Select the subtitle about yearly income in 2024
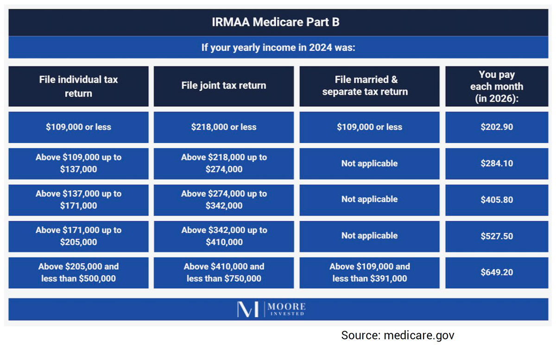point(278,48)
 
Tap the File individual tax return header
point(78,86)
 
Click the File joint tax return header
point(224,86)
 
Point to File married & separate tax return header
point(369,86)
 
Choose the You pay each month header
point(497,87)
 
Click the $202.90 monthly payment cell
point(497,127)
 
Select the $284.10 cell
point(497,164)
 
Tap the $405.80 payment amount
point(497,200)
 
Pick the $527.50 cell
point(497,236)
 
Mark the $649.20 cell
point(497,272)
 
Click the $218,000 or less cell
point(224,127)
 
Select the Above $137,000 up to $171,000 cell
point(78,200)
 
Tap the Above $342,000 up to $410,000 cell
point(224,236)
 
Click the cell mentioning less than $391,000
point(369,273)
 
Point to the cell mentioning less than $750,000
point(224,273)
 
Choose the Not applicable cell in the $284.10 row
point(369,164)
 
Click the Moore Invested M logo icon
point(248,309)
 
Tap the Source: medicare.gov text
point(398,335)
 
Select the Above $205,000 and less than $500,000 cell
point(78,273)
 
